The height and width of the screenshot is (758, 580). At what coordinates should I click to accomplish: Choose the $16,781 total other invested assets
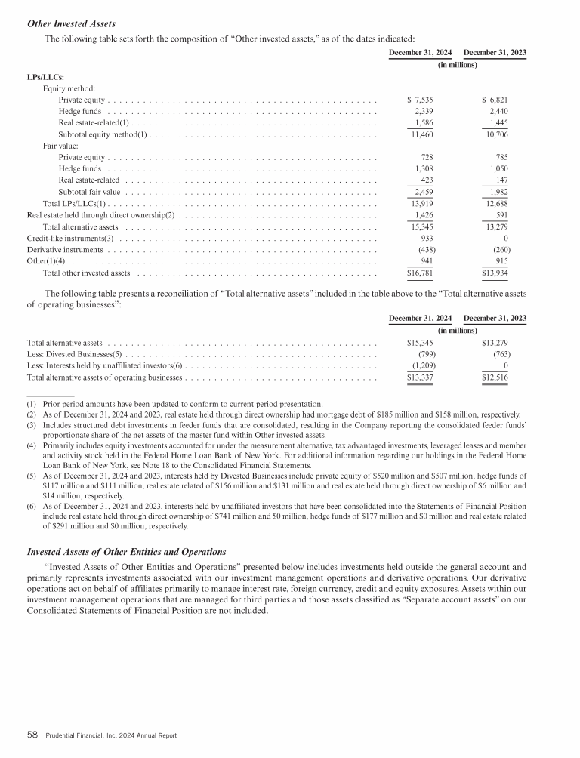click(419, 273)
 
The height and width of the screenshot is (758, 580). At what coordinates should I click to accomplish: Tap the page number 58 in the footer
click(33, 735)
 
